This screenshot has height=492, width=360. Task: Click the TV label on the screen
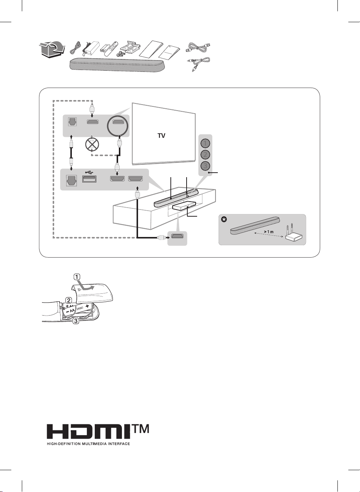(x=161, y=136)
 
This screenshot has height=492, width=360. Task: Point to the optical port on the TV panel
(x=71, y=122)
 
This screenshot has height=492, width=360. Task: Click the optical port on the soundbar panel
(x=71, y=180)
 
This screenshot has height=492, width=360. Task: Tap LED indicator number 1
(x=205, y=143)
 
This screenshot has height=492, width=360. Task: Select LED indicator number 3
(x=205, y=166)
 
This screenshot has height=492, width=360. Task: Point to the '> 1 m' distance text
(x=269, y=232)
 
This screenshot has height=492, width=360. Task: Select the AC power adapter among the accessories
(x=91, y=47)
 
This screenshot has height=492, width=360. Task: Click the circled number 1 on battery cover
(x=77, y=277)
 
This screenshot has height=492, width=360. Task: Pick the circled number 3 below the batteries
(x=76, y=321)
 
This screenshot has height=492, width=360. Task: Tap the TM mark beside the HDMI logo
(x=140, y=429)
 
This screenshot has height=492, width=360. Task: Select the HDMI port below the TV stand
(x=177, y=237)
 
